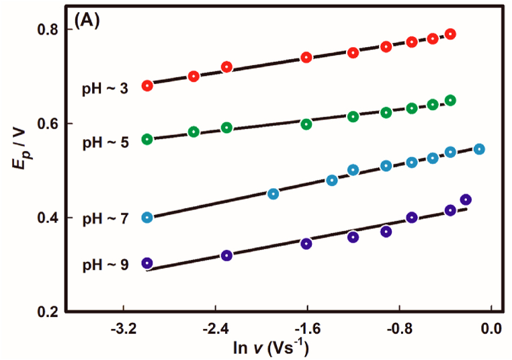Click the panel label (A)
(87, 21)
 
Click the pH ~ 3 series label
(105, 89)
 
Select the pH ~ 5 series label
(105, 142)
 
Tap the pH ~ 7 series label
(105, 219)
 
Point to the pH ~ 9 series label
(105, 265)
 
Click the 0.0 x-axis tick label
(492, 329)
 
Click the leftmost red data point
(147, 85)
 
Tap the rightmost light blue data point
(479, 149)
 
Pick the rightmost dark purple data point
(466, 199)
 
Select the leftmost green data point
(147, 139)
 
